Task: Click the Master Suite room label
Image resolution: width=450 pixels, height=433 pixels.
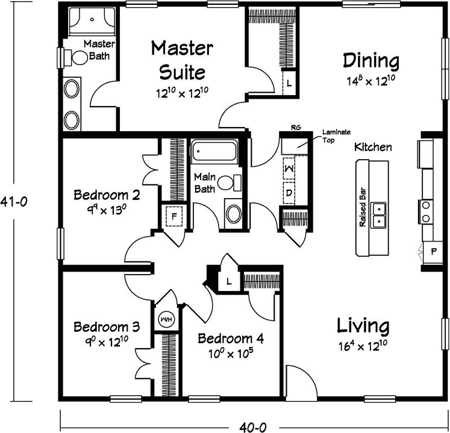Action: coord(183,60)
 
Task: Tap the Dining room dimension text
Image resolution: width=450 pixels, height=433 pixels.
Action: coord(371,81)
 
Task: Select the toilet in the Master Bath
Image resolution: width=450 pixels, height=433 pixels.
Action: coord(76,58)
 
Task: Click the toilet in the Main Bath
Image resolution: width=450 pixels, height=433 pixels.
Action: coord(230,183)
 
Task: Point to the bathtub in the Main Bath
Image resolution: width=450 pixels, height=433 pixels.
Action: coord(214,152)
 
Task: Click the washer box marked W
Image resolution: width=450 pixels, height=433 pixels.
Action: coord(289,168)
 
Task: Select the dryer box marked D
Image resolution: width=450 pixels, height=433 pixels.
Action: coord(289,193)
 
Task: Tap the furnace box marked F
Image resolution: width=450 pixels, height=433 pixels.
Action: coord(174,216)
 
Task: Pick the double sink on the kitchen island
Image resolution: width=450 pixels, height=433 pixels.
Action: coord(378,215)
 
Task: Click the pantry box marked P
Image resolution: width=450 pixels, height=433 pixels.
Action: coord(433,252)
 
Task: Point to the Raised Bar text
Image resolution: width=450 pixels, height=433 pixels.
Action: coord(363,207)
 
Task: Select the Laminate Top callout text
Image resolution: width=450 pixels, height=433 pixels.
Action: coord(336,136)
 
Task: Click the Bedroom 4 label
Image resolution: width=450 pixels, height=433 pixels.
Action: coord(231,338)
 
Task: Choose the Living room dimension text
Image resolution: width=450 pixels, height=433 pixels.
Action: coord(363,346)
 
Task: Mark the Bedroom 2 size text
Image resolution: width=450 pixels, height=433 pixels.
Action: coord(107,210)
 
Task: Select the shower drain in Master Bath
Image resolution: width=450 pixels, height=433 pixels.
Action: coord(92,19)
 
